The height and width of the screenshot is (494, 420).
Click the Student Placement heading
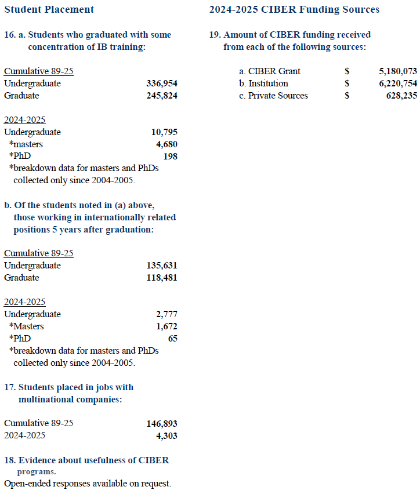coord(49,10)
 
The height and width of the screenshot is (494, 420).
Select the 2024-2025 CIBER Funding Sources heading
coord(294,10)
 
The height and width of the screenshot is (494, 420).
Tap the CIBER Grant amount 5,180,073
coord(397,71)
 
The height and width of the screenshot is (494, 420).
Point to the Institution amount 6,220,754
coord(397,83)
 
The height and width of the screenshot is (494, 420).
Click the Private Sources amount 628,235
coord(401,96)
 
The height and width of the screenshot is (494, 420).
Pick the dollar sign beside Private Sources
coord(346,96)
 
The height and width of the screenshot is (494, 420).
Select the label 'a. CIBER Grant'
coord(270,71)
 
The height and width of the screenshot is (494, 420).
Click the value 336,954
coord(162,83)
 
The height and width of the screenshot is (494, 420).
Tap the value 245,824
coord(162,96)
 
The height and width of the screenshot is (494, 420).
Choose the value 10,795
coord(164,132)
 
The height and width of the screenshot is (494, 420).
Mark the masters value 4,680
coord(166,144)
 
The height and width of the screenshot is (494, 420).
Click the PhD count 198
coord(171,157)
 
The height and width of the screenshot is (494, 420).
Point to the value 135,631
coord(162,266)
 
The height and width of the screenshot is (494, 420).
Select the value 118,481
coord(162,278)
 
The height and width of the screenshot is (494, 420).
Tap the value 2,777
coord(166,314)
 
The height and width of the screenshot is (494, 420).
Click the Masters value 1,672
coord(166,326)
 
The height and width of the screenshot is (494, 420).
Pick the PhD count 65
coord(172,339)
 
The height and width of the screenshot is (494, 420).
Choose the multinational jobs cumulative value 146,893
coord(162,424)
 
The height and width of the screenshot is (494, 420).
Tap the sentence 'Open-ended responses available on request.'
coord(88,483)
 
